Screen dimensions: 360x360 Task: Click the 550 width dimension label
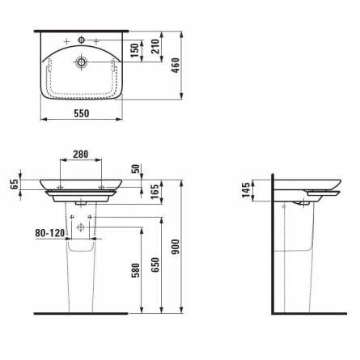point(82,113)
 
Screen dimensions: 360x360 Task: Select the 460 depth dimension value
point(176,66)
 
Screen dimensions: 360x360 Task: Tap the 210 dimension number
point(155,46)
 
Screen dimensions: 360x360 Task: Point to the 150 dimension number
point(134,50)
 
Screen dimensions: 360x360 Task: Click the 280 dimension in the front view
point(81,154)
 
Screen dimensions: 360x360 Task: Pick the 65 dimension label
point(15,184)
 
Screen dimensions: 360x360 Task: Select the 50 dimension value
point(137,168)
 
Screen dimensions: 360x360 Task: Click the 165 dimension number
point(155,192)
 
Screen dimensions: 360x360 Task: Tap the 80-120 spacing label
point(50,233)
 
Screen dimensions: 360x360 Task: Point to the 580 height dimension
point(137,270)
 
